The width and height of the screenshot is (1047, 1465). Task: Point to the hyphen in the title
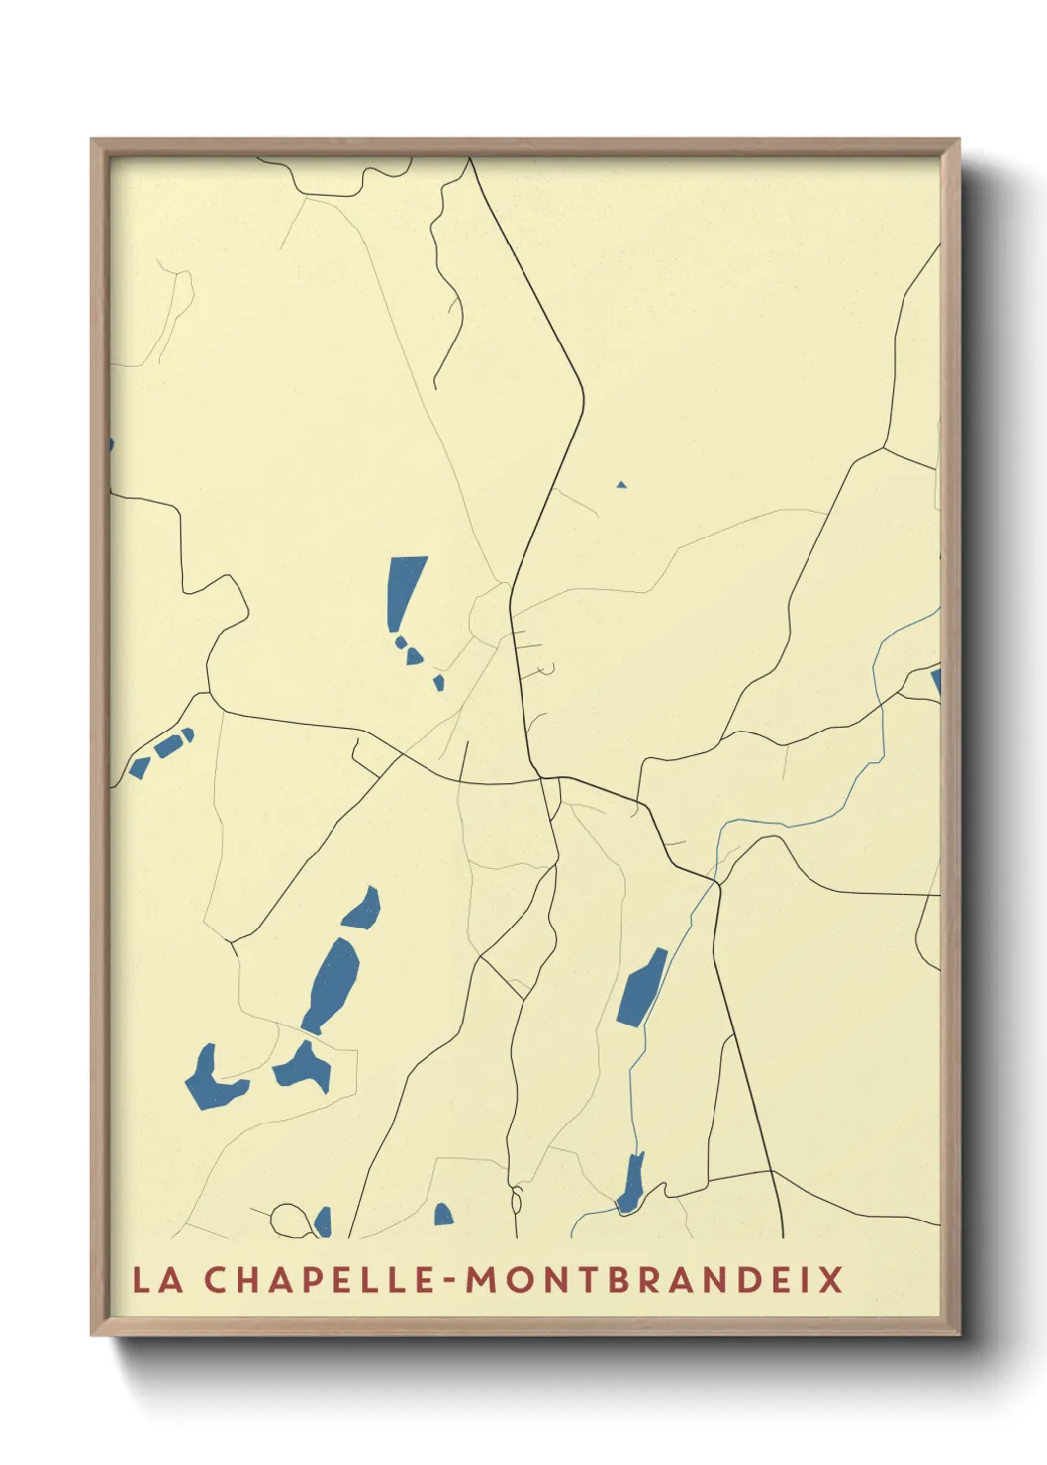[x=450, y=1281]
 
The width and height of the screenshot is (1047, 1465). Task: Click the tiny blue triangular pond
[x=621, y=485]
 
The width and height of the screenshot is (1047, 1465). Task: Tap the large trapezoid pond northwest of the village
[x=404, y=589]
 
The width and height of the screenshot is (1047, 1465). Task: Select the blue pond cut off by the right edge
[x=935, y=682]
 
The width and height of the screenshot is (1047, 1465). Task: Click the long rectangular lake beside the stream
[x=641, y=988]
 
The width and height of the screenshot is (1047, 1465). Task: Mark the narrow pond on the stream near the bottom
[x=631, y=1185]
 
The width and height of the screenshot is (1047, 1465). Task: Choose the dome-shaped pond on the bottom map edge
[x=443, y=1215]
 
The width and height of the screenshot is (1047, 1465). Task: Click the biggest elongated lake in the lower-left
[x=332, y=985]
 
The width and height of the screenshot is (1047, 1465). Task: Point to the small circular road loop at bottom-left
[x=289, y=1220]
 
